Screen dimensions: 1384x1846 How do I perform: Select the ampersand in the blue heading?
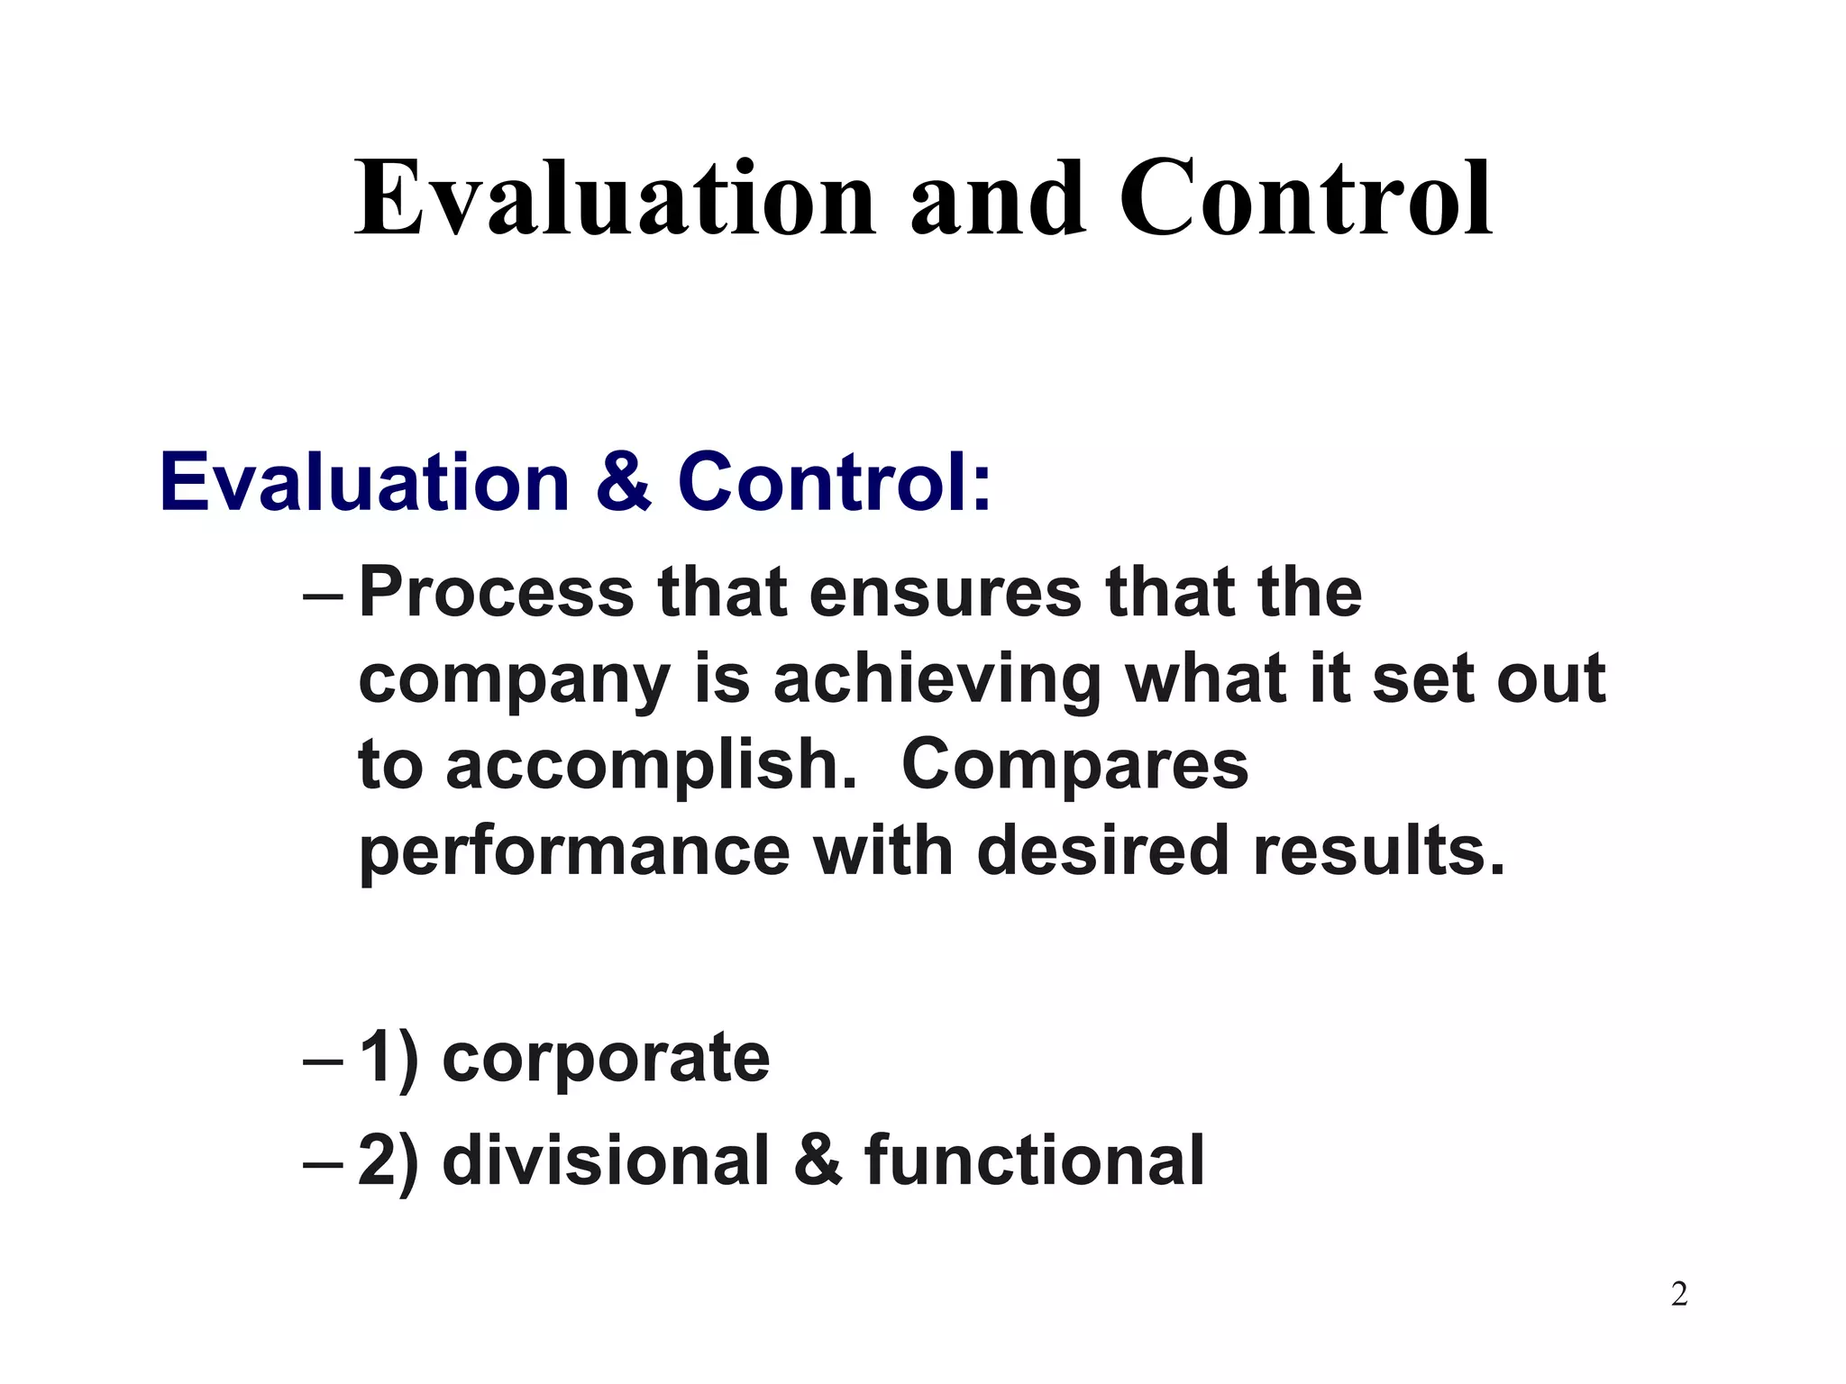[623, 482]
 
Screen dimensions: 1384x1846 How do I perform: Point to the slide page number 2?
[1679, 1295]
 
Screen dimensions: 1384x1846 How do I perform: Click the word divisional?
[606, 1160]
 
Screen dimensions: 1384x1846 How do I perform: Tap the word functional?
[1034, 1160]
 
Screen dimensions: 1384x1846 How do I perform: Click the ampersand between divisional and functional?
[818, 1160]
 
